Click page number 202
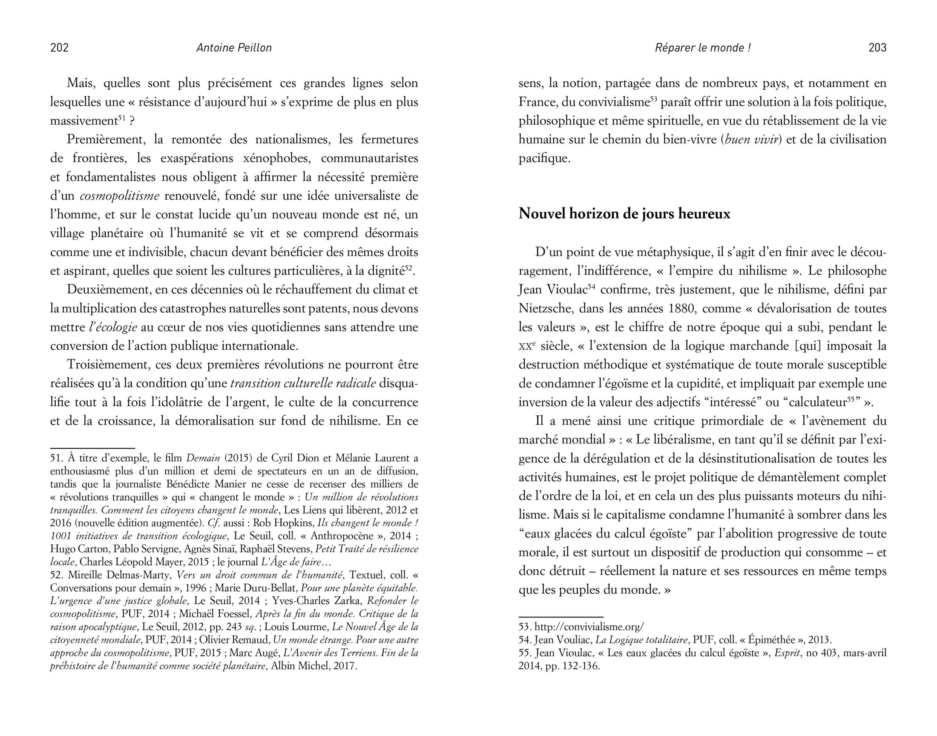click(x=60, y=48)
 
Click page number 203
click(x=877, y=48)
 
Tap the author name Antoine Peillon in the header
click(x=234, y=48)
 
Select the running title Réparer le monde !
click(x=703, y=48)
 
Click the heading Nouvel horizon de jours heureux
click(x=624, y=214)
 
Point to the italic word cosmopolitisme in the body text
click(x=120, y=196)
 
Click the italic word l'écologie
click(x=113, y=327)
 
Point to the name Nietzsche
click(x=546, y=308)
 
